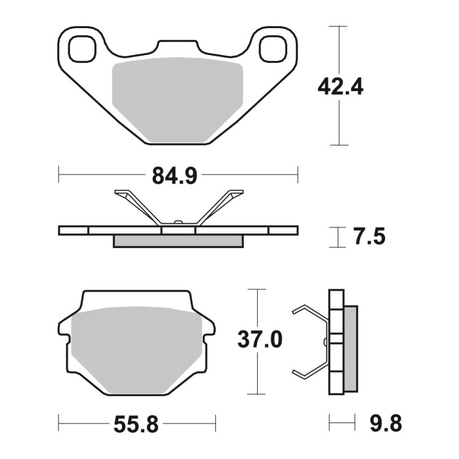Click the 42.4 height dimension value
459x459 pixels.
tap(340, 86)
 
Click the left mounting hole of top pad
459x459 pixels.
tap(81, 49)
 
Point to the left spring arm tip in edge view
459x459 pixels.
tap(121, 193)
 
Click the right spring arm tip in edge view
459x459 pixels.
tap(237, 193)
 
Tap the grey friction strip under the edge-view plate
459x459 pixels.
tap(178, 241)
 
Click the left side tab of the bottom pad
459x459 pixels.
tap(64, 327)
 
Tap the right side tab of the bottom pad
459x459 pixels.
tap(208, 327)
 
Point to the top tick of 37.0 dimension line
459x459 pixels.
tap(256, 289)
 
